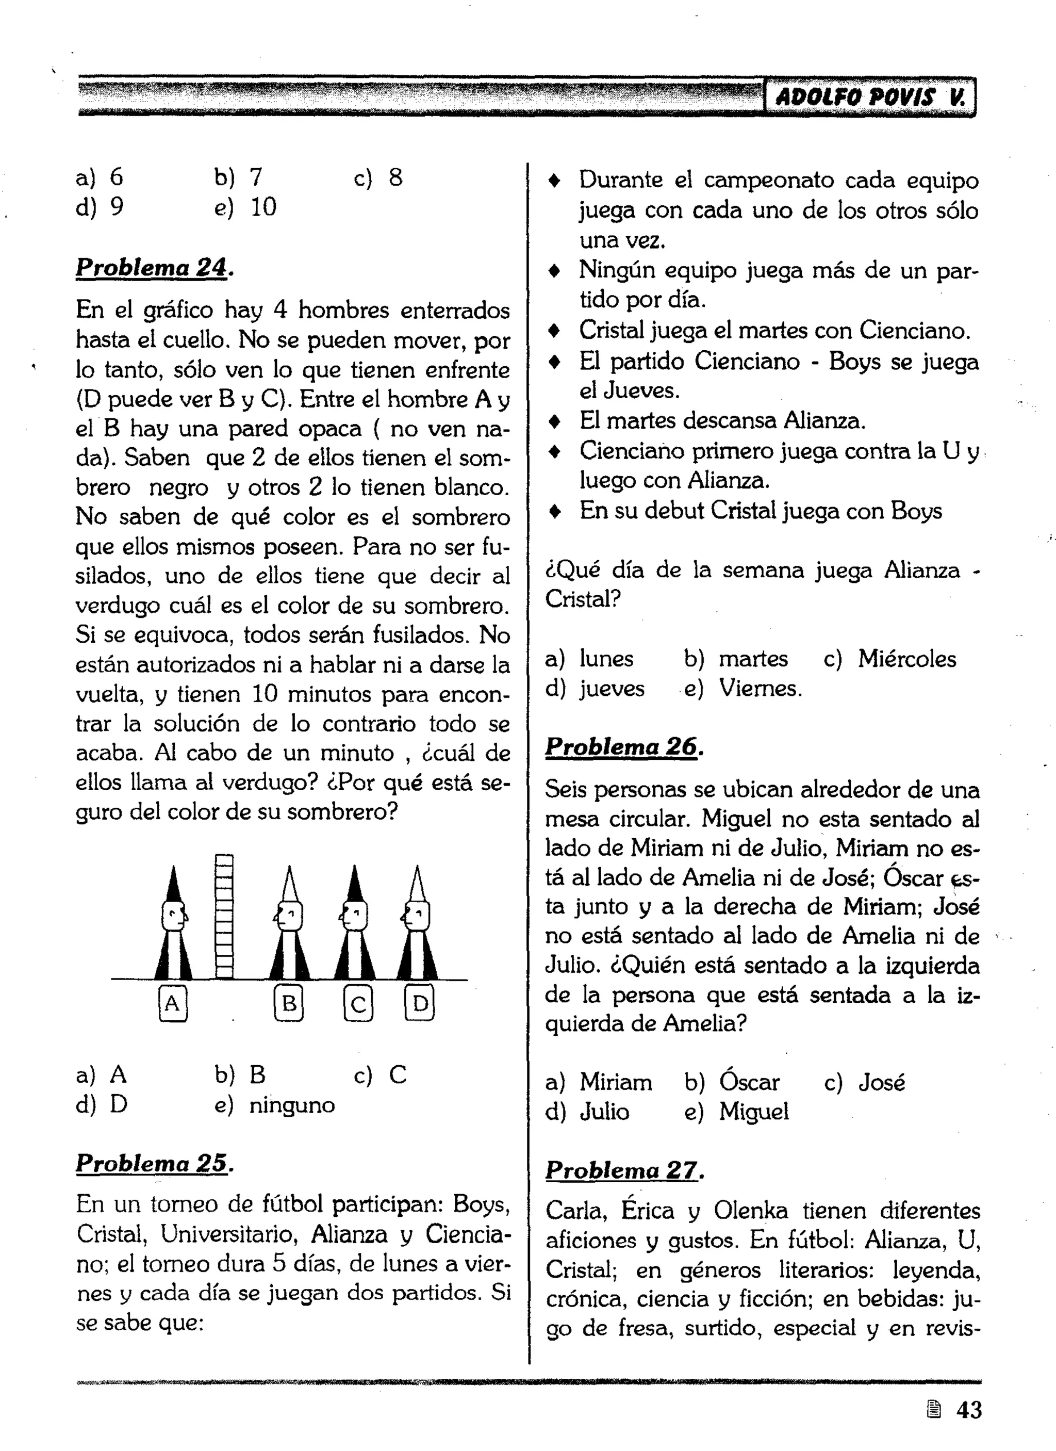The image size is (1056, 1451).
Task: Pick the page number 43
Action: click(968, 1409)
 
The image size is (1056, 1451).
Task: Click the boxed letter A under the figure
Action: click(172, 1004)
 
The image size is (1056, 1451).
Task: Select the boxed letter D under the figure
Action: click(420, 1004)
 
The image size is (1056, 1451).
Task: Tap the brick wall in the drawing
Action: click(224, 916)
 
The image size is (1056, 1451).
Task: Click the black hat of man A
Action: click(173, 885)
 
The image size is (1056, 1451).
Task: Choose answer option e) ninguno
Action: click(275, 1105)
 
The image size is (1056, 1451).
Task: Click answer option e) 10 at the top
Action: click(246, 207)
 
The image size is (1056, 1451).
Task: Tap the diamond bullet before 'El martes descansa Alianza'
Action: click(555, 421)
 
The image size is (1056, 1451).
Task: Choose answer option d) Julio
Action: click(587, 1112)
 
